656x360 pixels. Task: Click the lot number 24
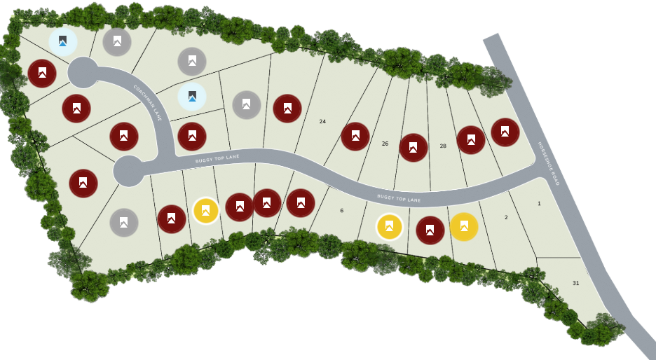click(322, 122)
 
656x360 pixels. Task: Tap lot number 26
click(385, 144)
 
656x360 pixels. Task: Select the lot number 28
click(443, 146)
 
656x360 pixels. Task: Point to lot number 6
click(342, 210)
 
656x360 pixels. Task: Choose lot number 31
click(575, 283)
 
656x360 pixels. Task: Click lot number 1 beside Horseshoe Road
click(539, 204)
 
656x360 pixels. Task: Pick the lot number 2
click(506, 217)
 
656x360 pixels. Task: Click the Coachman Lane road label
click(148, 103)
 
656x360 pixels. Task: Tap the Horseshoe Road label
click(549, 163)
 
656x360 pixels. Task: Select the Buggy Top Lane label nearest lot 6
click(399, 198)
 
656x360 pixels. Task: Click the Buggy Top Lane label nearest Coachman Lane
click(217, 159)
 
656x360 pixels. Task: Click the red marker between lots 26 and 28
click(414, 148)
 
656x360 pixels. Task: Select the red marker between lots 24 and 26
click(355, 137)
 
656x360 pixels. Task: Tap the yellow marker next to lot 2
click(464, 227)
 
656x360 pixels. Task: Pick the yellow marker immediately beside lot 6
click(390, 227)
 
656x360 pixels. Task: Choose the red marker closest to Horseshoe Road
click(505, 132)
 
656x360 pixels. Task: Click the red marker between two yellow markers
click(430, 230)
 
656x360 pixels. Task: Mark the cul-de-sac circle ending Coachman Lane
click(83, 72)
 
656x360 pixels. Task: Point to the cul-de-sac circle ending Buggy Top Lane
click(129, 171)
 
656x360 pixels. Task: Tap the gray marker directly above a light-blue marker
click(192, 62)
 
